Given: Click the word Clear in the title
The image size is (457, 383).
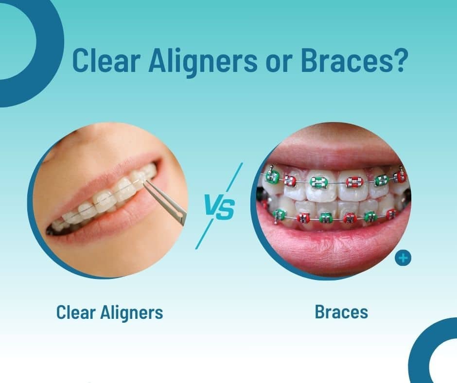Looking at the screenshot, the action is click(105, 61).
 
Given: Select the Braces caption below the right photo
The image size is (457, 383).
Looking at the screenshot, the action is click(341, 312).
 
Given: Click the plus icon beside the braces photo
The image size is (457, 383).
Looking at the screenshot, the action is click(403, 258).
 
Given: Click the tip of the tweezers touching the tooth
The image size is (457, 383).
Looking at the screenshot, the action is click(144, 181).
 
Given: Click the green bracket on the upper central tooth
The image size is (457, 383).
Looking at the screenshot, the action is click(318, 182).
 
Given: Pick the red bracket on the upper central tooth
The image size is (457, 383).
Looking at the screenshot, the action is click(354, 182).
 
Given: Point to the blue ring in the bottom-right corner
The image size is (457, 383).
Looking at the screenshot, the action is click(420, 350).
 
